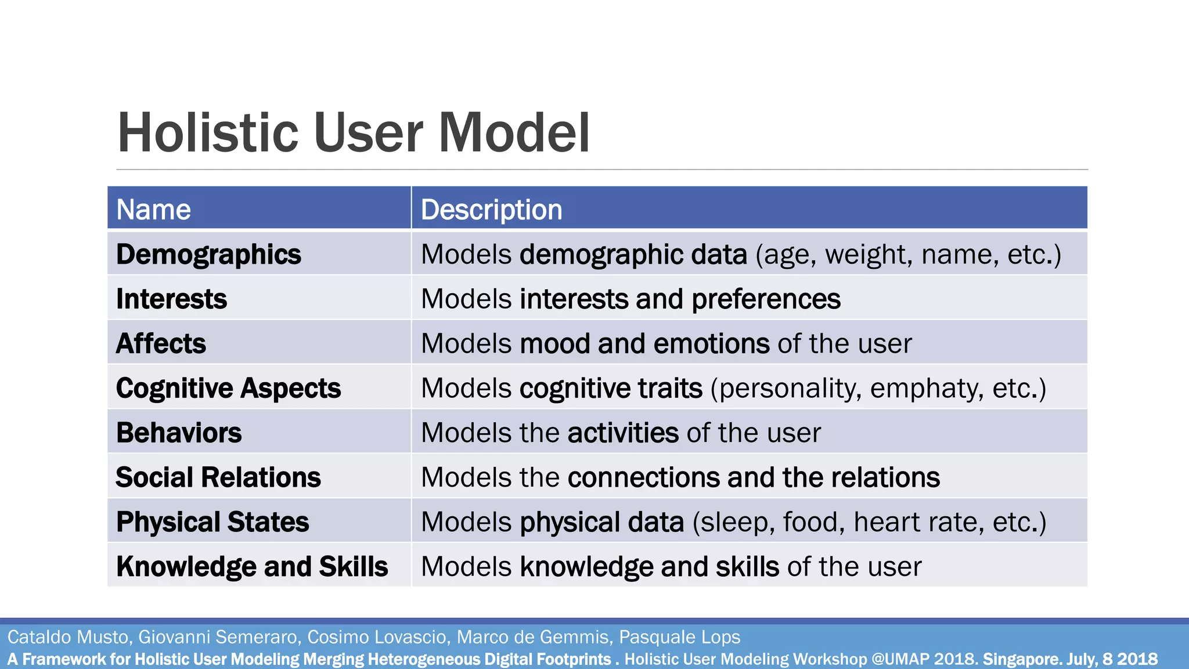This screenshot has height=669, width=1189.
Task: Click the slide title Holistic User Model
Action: point(354,133)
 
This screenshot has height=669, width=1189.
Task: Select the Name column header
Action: point(153,210)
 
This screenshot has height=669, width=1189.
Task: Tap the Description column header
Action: point(491,210)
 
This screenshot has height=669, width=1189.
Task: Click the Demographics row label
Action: point(208,255)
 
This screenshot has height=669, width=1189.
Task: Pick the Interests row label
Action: point(171,299)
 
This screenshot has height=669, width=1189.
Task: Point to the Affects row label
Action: point(161,344)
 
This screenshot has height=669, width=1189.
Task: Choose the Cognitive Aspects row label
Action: point(228,389)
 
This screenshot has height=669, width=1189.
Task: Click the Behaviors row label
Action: point(179,433)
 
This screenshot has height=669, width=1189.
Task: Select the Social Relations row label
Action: point(218,477)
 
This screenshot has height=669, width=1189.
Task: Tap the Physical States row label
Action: point(212,522)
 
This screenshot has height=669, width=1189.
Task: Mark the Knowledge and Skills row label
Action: point(252,567)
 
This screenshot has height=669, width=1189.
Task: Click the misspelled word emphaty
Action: point(923,389)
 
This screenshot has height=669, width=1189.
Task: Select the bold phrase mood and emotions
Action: point(644,344)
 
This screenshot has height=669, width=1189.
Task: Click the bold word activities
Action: point(623,433)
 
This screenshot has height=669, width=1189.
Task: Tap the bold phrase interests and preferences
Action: point(680,299)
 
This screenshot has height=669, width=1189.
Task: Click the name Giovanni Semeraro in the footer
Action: point(217,637)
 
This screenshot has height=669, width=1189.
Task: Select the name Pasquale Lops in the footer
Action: point(679,637)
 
